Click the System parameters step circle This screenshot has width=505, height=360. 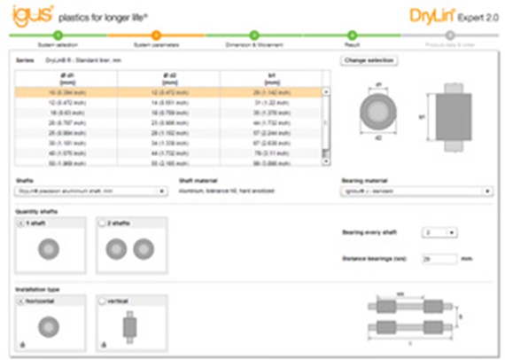click(155, 35)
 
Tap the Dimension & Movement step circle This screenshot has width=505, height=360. click(252, 35)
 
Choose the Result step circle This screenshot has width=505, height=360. click(351, 35)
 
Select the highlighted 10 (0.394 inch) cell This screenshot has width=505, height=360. click(66, 91)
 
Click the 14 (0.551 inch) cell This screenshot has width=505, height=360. click(167, 102)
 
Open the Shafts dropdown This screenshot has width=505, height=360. click(92, 191)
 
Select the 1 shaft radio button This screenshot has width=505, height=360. click(21, 223)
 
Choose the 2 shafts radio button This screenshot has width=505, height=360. click(102, 223)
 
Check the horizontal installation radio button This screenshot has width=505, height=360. click(21, 301)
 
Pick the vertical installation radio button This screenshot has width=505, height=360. click(102, 301)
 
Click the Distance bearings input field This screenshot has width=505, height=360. click(438, 259)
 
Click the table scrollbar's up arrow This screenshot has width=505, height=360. click(326, 91)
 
